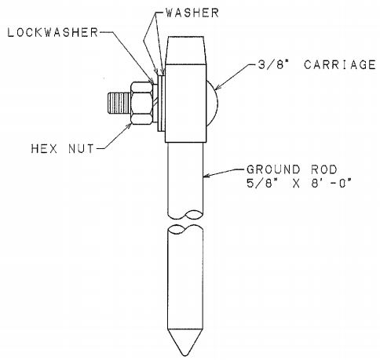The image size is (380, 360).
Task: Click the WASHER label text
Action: coord(192,13)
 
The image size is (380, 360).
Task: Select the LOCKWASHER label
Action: coord(53,32)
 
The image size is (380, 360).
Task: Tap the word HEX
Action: coord(44,149)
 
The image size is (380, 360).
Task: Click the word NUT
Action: coord(81,149)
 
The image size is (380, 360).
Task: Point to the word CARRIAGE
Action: coord(340,64)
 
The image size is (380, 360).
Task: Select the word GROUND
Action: coord(273,169)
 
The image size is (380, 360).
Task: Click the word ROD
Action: coord(323,169)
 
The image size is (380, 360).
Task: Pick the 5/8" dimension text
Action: coord(260,183)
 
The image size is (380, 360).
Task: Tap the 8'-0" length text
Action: coord(331,183)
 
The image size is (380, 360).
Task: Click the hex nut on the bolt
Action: coord(141,103)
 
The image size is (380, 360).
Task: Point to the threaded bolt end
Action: coord(119,103)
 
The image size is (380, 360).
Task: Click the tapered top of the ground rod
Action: coord(185,50)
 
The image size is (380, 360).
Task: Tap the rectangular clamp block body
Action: coord(185,103)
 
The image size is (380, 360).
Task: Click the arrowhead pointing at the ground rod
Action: coord(206,176)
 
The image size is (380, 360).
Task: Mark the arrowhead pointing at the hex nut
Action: coord(129,126)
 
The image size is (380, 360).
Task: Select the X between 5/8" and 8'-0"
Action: coord(295,184)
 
